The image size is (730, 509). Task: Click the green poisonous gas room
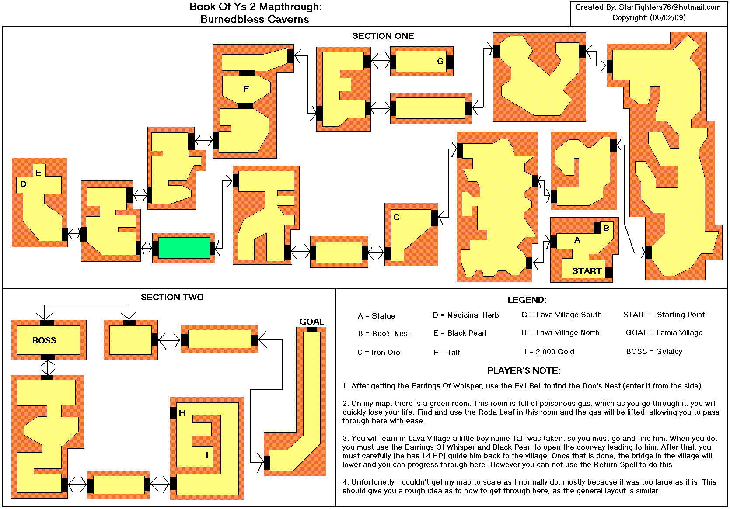(x=184, y=248)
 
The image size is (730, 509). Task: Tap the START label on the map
(x=587, y=271)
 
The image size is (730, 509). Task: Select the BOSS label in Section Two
(x=44, y=340)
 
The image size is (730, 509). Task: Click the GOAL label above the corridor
(x=312, y=322)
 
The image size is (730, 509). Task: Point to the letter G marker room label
(x=440, y=61)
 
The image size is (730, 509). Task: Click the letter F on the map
(x=246, y=89)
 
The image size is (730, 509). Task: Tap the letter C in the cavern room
(x=396, y=218)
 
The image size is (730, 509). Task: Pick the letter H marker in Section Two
(x=182, y=413)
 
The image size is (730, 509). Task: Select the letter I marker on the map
(x=207, y=455)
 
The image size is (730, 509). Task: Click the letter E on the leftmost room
(x=38, y=173)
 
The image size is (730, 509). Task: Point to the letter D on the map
(x=24, y=184)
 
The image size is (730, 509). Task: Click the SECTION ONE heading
(x=383, y=36)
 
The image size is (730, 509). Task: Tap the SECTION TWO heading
(x=172, y=297)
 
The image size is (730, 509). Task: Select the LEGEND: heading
(x=527, y=300)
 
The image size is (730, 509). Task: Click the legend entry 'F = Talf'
(x=447, y=353)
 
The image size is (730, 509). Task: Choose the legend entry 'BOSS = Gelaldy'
(x=654, y=351)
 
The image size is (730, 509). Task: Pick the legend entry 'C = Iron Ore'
(x=378, y=352)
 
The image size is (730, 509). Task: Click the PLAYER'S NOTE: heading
(x=524, y=370)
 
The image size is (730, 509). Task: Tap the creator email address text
(x=669, y=7)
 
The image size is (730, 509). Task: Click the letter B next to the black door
(x=606, y=228)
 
